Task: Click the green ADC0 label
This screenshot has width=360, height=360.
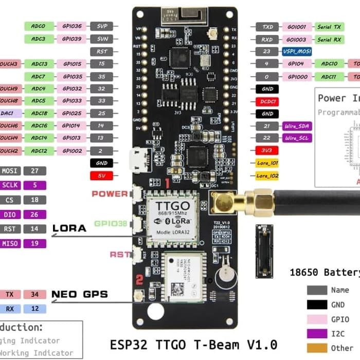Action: [x=39, y=26]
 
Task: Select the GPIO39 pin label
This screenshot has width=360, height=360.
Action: [x=71, y=39]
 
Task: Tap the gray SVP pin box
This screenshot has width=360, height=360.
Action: [x=102, y=26]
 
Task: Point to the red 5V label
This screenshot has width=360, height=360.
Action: [x=102, y=175]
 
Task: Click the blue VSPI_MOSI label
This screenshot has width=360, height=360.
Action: [x=297, y=51]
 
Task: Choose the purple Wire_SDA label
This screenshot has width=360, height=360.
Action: [x=297, y=126]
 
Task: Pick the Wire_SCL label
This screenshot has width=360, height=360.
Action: [x=297, y=138]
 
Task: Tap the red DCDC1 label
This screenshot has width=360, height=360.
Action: [x=267, y=101]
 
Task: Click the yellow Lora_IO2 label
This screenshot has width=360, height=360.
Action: [x=267, y=176]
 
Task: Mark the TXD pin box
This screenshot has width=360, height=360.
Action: [x=267, y=26]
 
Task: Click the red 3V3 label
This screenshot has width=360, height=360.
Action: [x=267, y=151]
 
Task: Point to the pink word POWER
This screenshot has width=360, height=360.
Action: [x=110, y=193]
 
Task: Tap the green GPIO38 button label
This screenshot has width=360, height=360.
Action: [x=111, y=224]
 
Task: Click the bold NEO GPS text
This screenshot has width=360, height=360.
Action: [x=80, y=295]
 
